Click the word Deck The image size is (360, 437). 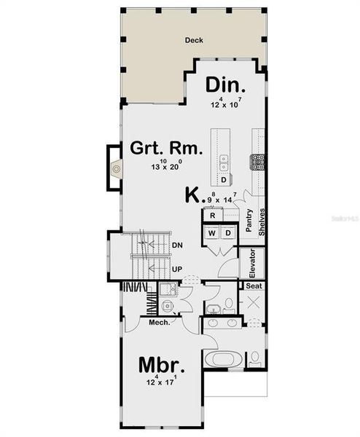coord(193,39)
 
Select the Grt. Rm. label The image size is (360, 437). coord(165,149)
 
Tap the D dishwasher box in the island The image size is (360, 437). coord(223,179)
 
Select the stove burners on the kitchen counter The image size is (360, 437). coord(257,160)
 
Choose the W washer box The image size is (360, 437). coord(212,233)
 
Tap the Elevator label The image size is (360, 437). coord(252,267)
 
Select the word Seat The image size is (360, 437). coord(253,286)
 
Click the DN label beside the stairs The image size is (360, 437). coord(176,245)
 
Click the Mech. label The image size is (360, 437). coord(159,322)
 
